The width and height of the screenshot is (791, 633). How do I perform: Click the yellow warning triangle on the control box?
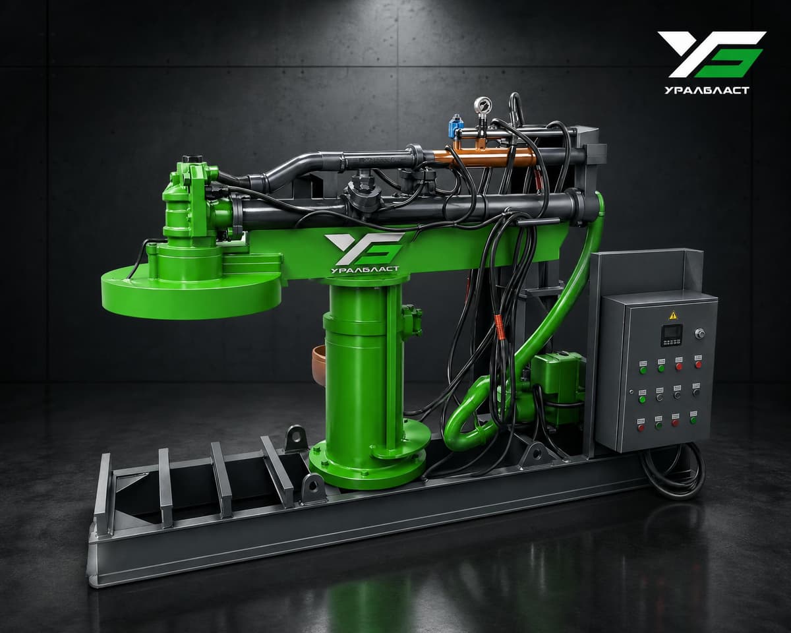point(672,315)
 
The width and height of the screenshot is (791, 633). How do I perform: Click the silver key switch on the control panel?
point(699,334)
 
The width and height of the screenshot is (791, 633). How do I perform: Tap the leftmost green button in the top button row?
point(643,370)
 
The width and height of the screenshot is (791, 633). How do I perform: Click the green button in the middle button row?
point(643,399)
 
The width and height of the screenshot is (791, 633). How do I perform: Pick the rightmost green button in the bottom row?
point(693,419)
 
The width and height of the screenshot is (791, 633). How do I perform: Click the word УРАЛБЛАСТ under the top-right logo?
point(707,90)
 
